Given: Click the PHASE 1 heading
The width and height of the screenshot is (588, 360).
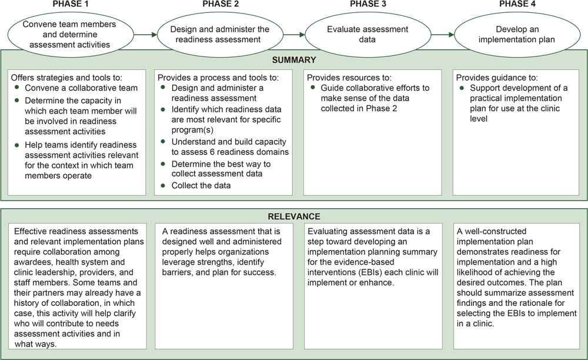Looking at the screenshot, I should tap(71, 5).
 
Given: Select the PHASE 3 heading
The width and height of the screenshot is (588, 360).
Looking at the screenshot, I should tap(368, 5).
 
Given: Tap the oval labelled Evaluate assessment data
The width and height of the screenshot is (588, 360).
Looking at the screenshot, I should tap(368, 34).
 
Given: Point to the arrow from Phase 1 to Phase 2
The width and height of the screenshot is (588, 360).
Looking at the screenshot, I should tap(145, 35).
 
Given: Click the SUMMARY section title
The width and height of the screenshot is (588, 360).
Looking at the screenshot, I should tap(294, 60).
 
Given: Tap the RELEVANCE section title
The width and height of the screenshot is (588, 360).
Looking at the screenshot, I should tap(294, 216).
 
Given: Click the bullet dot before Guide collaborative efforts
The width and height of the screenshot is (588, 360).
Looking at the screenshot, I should tap(314, 89).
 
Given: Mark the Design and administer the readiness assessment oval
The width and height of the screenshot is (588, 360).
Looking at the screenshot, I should tap(219, 34).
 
